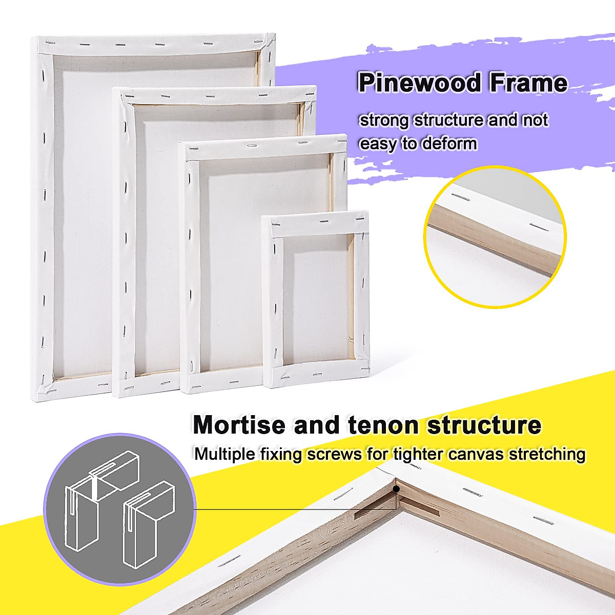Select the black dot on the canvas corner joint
coord(397,489)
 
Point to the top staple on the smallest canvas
coord(324,222)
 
